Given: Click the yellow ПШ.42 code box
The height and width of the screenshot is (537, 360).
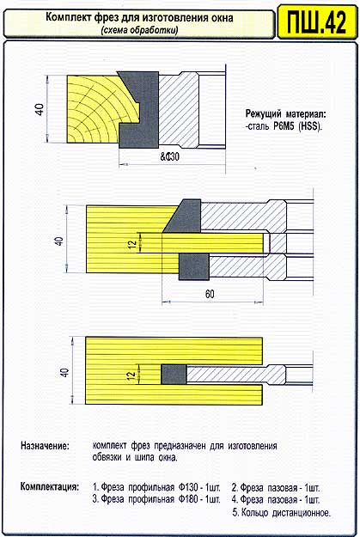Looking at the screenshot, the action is click(x=316, y=21).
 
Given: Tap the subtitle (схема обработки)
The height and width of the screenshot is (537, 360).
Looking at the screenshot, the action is click(x=139, y=30).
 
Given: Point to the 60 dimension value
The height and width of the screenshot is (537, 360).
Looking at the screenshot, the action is click(x=210, y=294).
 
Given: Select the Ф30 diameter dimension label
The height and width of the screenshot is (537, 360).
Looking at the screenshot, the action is click(x=170, y=157).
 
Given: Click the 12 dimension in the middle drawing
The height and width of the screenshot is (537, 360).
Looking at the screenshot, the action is click(x=132, y=244).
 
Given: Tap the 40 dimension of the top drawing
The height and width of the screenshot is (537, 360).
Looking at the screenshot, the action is click(x=40, y=109).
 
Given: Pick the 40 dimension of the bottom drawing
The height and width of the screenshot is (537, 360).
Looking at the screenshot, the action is click(x=64, y=371).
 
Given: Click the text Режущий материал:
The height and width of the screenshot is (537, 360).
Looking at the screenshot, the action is click(x=285, y=113).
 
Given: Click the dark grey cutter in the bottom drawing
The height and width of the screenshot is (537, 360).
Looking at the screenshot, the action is click(x=174, y=375).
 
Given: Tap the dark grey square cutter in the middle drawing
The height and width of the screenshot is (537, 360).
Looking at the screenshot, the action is click(x=194, y=267).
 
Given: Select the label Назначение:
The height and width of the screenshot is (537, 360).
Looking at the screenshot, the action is click(x=45, y=446).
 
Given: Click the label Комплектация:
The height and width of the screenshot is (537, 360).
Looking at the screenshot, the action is click(x=50, y=486).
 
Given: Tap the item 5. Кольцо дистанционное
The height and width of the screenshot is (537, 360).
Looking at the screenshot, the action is click(x=282, y=513).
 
